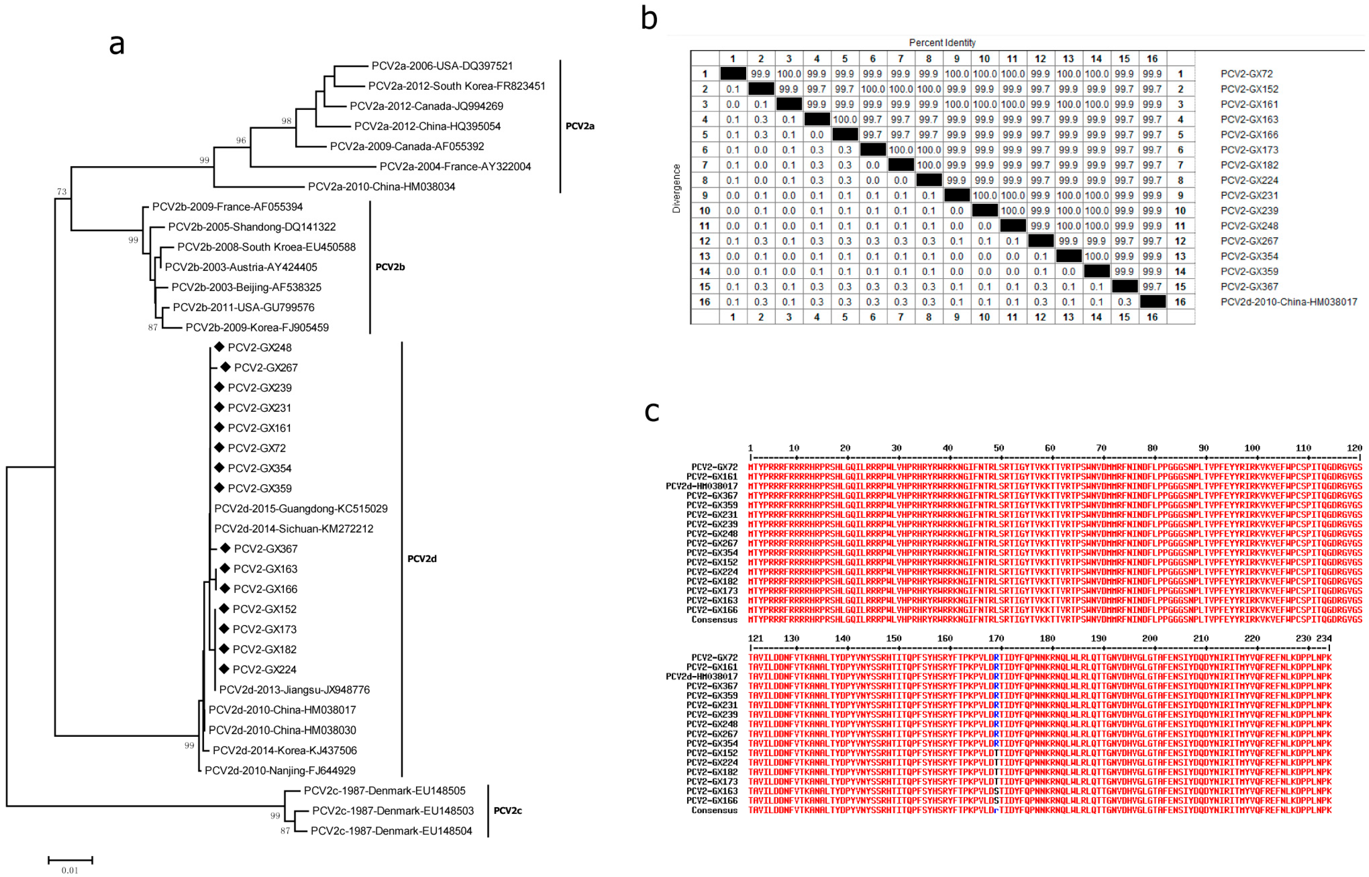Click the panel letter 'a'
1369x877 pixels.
[x=117, y=45]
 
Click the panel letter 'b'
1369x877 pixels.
[x=649, y=18]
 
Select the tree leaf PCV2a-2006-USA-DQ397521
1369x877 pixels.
[x=442, y=66]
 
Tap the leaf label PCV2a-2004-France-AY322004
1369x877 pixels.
[x=455, y=167]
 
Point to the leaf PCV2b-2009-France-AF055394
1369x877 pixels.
[x=227, y=207]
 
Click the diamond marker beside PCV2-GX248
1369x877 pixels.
[x=219, y=347]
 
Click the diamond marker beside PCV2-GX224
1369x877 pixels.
[x=224, y=669]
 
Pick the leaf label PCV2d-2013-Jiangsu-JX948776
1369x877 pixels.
[x=294, y=690]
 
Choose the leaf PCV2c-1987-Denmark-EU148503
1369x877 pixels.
[x=393, y=810]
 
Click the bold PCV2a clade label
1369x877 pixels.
[x=580, y=126]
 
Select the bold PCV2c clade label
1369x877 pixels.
[x=507, y=810]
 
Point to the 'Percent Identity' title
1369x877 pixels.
[x=942, y=43]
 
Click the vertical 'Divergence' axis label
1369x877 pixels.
[x=676, y=188]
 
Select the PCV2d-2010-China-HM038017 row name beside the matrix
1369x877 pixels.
[x=1288, y=302]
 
